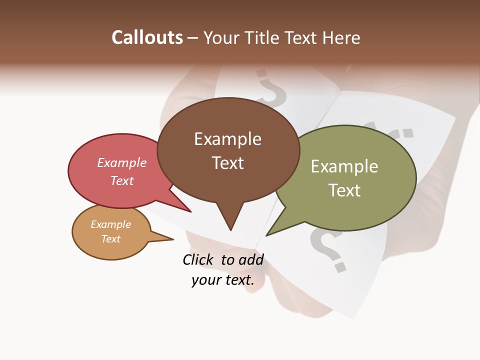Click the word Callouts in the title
pyautogui.click(x=147, y=37)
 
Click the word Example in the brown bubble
pyautogui.click(x=227, y=139)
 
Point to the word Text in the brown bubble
pyautogui.click(x=227, y=163)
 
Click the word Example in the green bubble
pyautogui.click(x=344, y=166)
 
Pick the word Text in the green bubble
pyautogui.click(x=344, y=190)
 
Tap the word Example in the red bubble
pyautogui.click(x=121, y=163)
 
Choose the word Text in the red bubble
pyautogui.click(x=121, y=180)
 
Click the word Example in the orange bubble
pyautogui.click(x=110, y=224)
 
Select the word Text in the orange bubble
pyautogui.click(x=110, y=239)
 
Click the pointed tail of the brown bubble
pyautogui.click(x=230, y=227)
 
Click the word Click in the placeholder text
pyautogui.click(x=199, y=259)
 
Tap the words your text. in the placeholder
pyautogui.click(x=222, y=280)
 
